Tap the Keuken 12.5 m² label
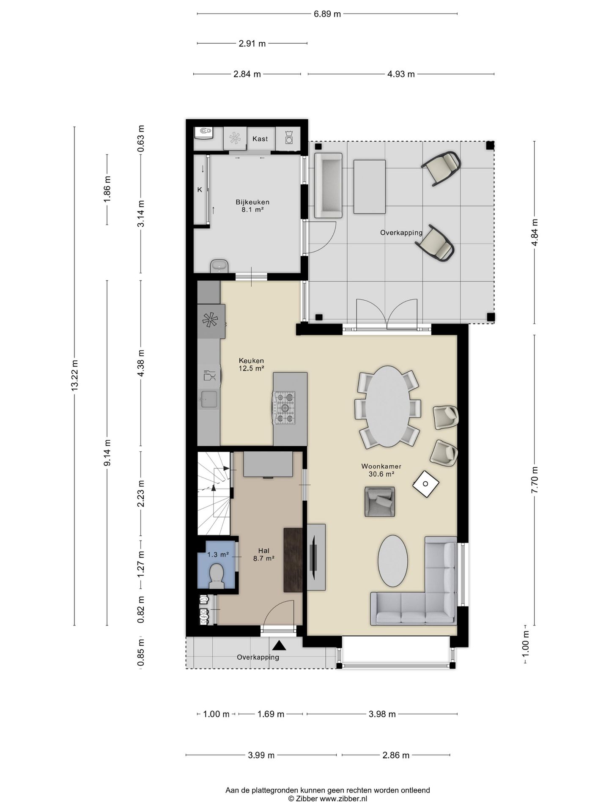click(x=251, y=364)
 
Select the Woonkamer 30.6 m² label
click(x=381, y=470)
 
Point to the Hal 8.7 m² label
click(x=264, y=554)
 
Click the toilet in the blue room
click(x=217, y=575)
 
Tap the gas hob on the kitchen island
click(x=285, y=408)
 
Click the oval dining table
click(x=387, y=406)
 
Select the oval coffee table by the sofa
click(x=393, y=561)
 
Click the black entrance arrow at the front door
click(x=279, y=645)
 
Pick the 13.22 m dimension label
click(x=74, y=375)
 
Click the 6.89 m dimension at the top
click(x=327, y=14)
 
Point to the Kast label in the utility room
click(x=260, y=139)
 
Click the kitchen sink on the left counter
click(x=209, y=399)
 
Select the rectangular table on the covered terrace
click(x=370, y=187)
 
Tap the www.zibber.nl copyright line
click(x=328, y=798)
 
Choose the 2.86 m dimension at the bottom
click(x=396, y=755)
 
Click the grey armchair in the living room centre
click(x=380, y=502)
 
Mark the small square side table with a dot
click(x=426, y=484)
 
